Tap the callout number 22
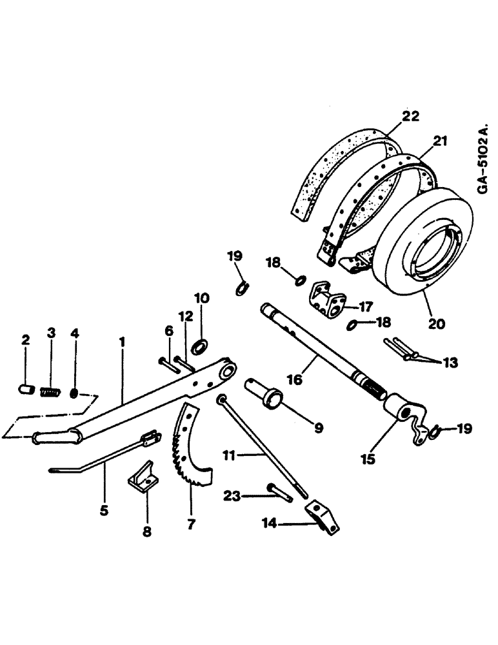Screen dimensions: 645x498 tap(410, 117)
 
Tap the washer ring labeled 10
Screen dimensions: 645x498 tap(201, 346)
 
